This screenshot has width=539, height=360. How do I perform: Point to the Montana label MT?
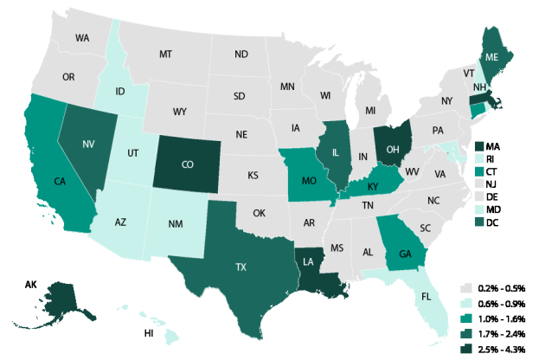click(165, 54)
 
